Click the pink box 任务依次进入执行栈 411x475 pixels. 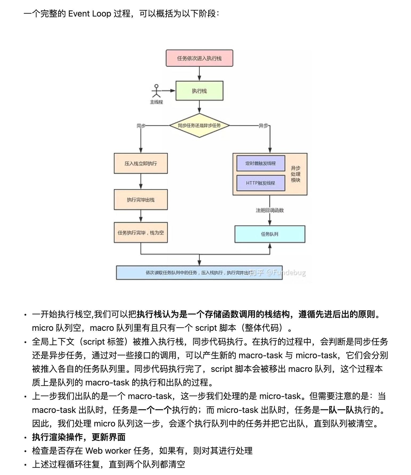click(x=199, y=58)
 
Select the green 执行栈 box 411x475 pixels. click(x=199, y=91)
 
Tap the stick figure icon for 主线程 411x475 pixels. click(x=156, y=91)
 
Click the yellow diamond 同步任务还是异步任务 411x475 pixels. click(x=199, y=126)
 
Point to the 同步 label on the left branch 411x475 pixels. click(x=141, y=126)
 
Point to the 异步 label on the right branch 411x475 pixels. click(x=263, y=126)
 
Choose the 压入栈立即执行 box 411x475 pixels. click(x=141, y=163)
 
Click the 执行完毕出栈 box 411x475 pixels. click(x=141, y=200)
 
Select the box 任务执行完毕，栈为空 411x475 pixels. click(x=141, y=233)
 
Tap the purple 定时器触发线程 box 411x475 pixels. click(x=261, y=163)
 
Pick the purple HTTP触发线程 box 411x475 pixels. click(x=261, y=183)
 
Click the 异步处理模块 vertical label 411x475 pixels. click(x=295, y=174)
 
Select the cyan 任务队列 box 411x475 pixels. click(x=270, y=234)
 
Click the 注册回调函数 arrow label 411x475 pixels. click(x=270, y=210)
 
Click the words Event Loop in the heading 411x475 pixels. click(x=89, y=14)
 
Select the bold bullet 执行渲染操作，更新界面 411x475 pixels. click(x=79, y=437)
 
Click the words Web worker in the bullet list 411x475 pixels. click(x=108, y=451)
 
